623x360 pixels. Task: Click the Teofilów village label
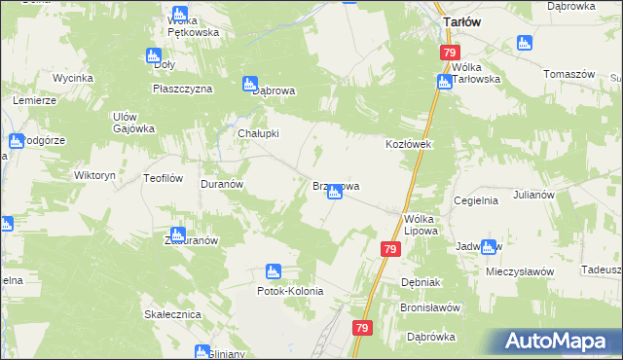[x=164, y=178]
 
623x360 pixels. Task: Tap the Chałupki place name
[x=259, y=133]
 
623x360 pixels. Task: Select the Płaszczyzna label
[x=182, y=88]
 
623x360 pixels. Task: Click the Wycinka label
[x=73, y=76]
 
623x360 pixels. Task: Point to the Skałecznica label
[x=171, y=315]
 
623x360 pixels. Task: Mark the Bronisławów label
[x=428, y=306]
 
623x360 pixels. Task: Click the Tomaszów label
[x=568, y=74]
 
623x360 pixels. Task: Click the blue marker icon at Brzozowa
[x=334, y=193]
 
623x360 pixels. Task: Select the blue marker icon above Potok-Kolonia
[x=274, y=271]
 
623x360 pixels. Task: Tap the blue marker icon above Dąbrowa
[x=250, y=83]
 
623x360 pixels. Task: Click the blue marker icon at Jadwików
[x=487, y=246]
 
